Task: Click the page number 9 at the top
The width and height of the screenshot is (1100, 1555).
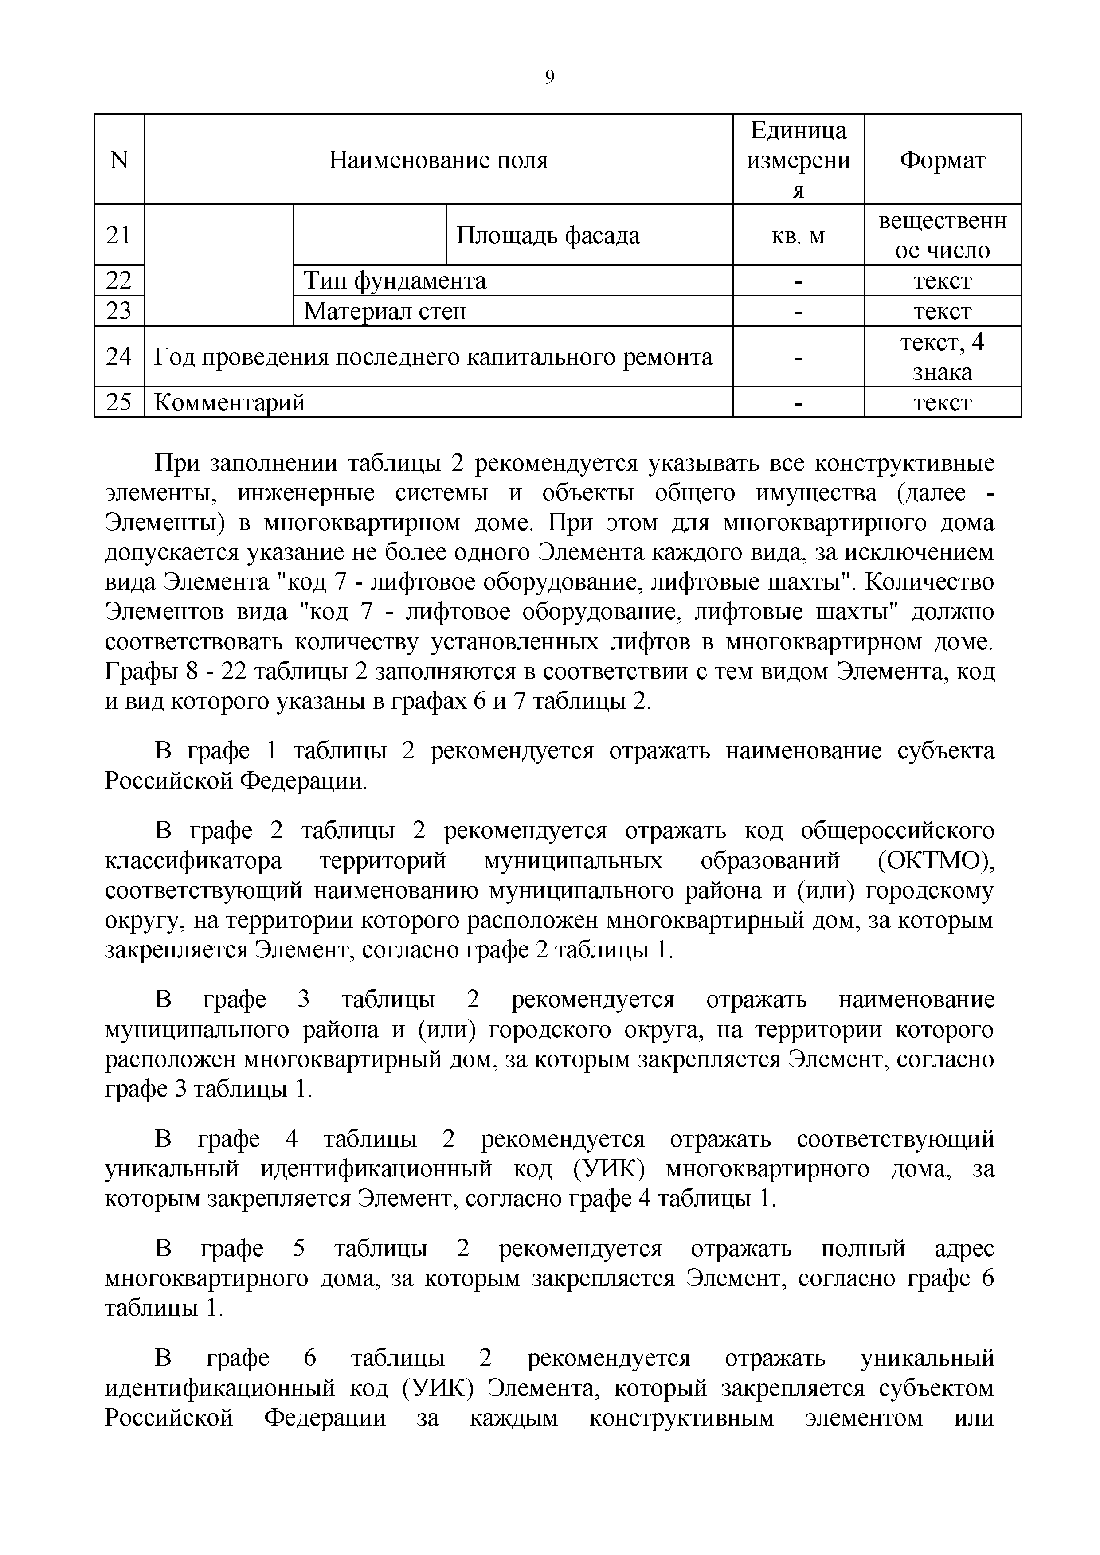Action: click(549, 78)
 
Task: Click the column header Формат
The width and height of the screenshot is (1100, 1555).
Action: click(942, 160)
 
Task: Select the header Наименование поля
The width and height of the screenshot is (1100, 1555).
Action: click(438, 160)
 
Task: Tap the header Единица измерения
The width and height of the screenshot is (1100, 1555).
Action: click(798, 160)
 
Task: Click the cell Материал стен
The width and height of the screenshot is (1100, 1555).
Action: click(385, 311)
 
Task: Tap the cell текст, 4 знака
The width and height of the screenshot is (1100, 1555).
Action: click(942, 357)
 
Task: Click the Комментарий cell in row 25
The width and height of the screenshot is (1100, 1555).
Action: click(230, 402)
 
